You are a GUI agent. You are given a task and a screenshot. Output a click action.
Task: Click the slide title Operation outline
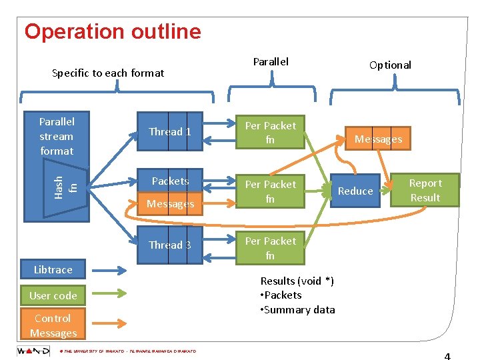click(x=112, y=31)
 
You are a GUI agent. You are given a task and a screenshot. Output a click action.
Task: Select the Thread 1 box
click(x=169, y=132)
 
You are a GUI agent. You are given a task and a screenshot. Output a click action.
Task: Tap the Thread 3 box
click(x=169, y=245)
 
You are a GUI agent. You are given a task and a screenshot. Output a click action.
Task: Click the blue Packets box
click(x=169, y=181)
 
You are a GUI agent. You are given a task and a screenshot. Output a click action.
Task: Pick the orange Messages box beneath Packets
click(x=169, y=204)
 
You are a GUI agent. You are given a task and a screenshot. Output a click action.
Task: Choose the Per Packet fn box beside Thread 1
click(x=270, y=133)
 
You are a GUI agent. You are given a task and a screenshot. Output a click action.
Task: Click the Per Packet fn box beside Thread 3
click(x=270, y=248)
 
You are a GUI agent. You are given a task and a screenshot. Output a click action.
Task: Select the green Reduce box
click(x=355, y=191)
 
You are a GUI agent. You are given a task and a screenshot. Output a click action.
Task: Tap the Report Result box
click(x=425, y=190)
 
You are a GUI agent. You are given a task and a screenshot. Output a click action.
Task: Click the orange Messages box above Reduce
click(x=378, y=139)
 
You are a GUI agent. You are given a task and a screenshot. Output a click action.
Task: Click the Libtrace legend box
click(x=53, y=270)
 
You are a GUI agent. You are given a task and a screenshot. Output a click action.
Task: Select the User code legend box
click(x=53, y=295)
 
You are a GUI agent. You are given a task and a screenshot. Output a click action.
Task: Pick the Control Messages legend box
click(x=53, y=325)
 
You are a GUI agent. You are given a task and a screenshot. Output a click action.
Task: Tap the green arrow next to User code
click(x=113, y=295)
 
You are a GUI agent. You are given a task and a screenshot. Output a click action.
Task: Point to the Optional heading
click(x=390, y=65)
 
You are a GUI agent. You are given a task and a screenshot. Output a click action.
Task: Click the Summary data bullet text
click(x=300, y=309)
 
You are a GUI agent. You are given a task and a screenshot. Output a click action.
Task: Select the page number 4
click(x=447, y=355)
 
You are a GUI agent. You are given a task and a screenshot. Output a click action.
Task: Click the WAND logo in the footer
click(x=33, y=351)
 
